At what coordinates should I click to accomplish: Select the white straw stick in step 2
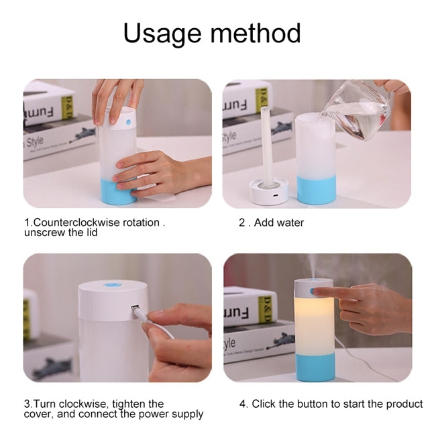(x=266, y=144)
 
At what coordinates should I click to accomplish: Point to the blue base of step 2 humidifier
(x=316, y=190)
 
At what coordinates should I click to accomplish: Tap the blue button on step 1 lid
(x=127, y=123)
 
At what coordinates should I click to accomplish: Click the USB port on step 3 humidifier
(x=135, y=309)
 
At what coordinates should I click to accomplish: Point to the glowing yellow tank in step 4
(x=315, y=329)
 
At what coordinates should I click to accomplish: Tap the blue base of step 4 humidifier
(x=315, y=370)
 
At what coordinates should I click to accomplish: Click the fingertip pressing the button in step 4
(x=316, y=292)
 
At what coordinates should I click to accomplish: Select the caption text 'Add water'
(x=278, y=222)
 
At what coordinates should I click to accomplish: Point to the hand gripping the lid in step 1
(x=118, y=94)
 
